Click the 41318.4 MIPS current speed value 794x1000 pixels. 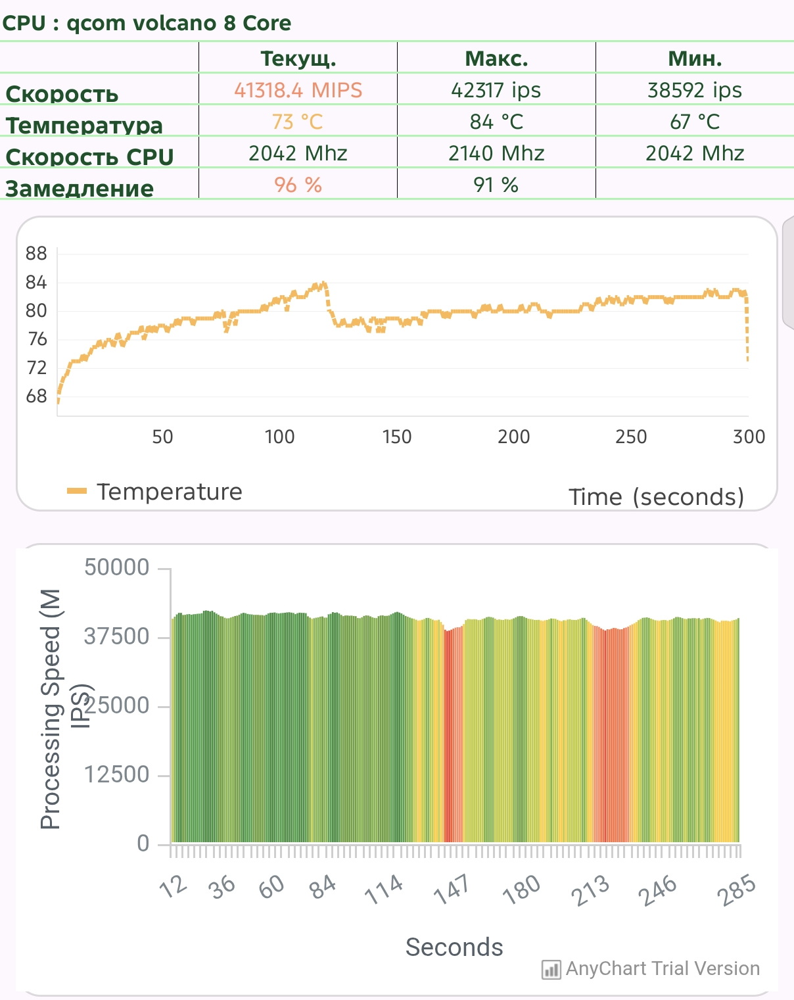pyautogui.click(x=298, y=90)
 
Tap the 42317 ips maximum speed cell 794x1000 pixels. pyautogui.click(x=496, y=90)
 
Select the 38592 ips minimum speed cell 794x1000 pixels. pyautogui.click(x=694, y=90)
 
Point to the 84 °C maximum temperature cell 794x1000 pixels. pyautogui.click(x=496, y=122)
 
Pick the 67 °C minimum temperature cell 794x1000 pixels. pyautogui.click(x=694, y=122)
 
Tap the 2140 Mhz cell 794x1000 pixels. pyautogui.click(x=496, y=153)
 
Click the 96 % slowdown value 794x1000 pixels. pyautogui.click(x=298, y=185)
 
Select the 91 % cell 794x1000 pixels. pyautogui.click(x=496, y=185)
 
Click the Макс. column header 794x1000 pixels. pyautogui.click(x=496, y=59)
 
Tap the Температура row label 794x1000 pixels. pyautogui.click(x=84, y=125)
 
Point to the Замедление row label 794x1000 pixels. pyautogui.click(x=80, y=189)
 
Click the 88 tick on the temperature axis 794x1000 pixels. pyautogui.click(x=36, y=254)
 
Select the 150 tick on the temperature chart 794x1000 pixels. pyautogui.click(x=396, y=437)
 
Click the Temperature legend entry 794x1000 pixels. pyautogui.click(x=155, y=492)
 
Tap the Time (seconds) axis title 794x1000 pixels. pyautogui.click(x=656, y=496)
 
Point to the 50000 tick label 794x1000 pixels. pyautogui.click(x=117, y=567)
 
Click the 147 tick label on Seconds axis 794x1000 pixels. pyautogui.click(x=452, y=888)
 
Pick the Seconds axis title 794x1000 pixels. pyautogui.click(x=454, y=947)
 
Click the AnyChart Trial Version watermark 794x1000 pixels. pyautogui.click(x=651, y=968)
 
